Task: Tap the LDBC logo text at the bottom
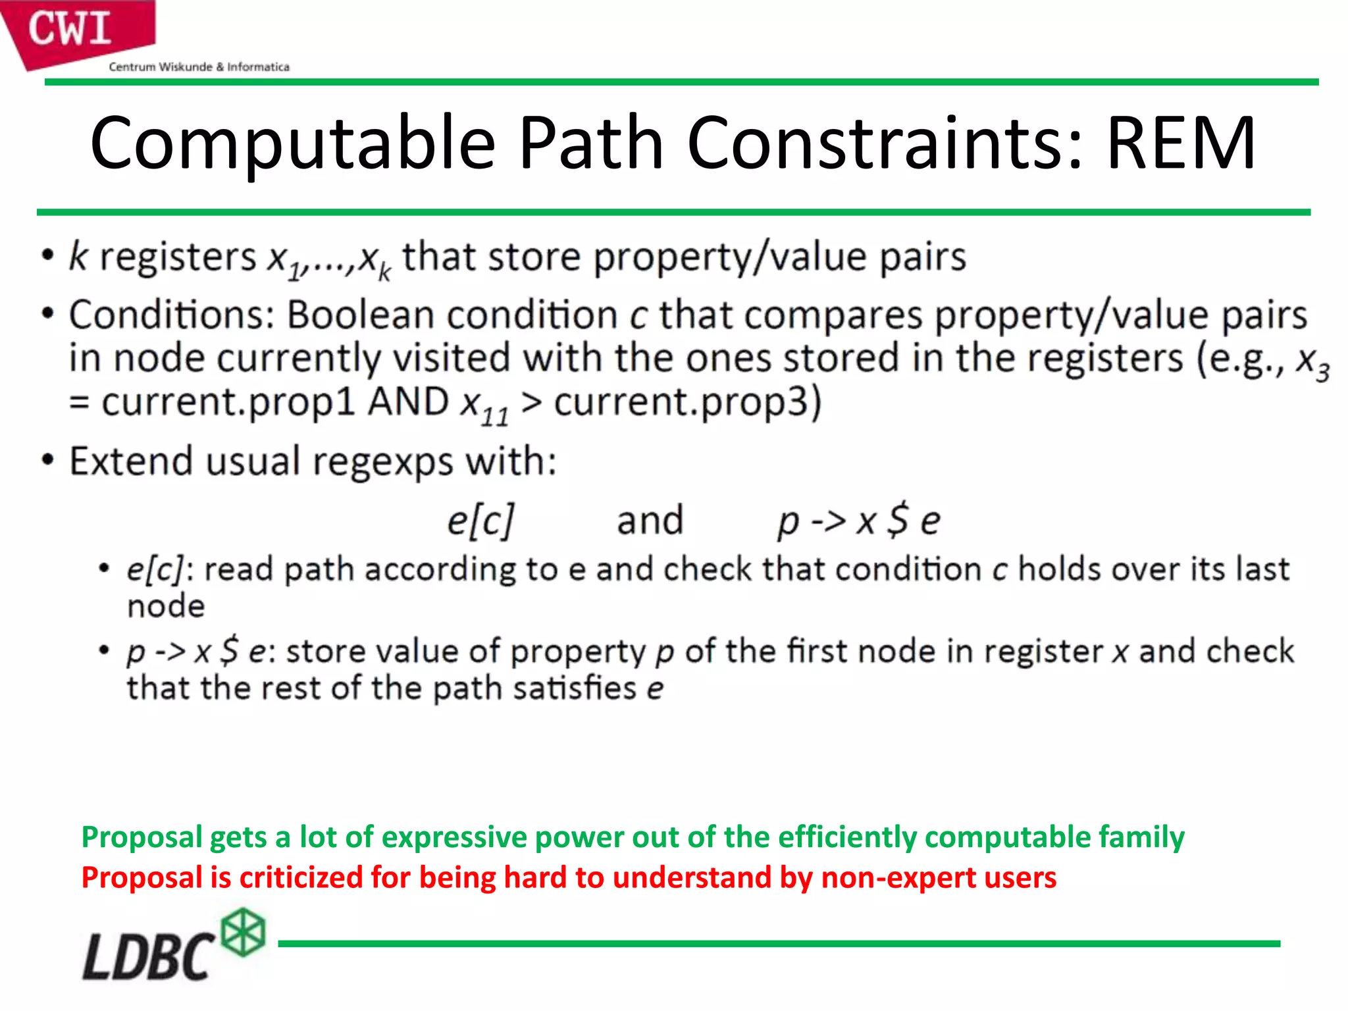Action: pyautogui.click(x=148, y=956)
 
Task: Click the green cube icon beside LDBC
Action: pyautogui.click(x=243, y=932)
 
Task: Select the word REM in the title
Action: pyautogui.click(x=1181, y=143)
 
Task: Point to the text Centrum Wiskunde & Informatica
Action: pyautogui.click(x=199, y=67)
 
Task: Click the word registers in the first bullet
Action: pyautogui.click(x=178, y=257)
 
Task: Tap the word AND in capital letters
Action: pyautogui.click(x=408, y=402)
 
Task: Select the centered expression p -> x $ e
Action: pyautogui.click(x=859, y=521)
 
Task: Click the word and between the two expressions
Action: pyautogui.click(x=650, y=521)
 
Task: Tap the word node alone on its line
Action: pyautogui.click(x=166, y=606)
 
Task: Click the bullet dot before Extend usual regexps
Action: pyautogui.click(x=47, y=460)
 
